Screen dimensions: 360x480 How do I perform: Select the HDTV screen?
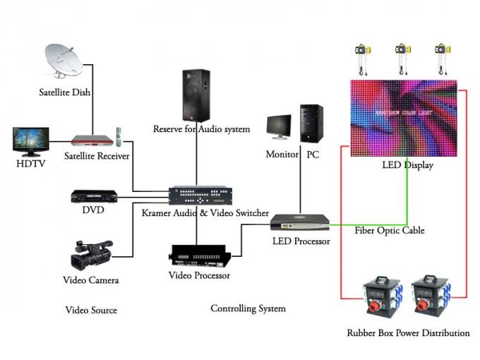click(x=30, y=142)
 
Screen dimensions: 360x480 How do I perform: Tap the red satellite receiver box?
click(x=92, y=140)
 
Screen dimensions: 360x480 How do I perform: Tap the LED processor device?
click(x=300, y=222)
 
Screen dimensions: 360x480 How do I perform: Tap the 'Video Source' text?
click(x=91, y=310)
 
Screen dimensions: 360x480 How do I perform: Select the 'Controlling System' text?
click(x=248, y=308)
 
